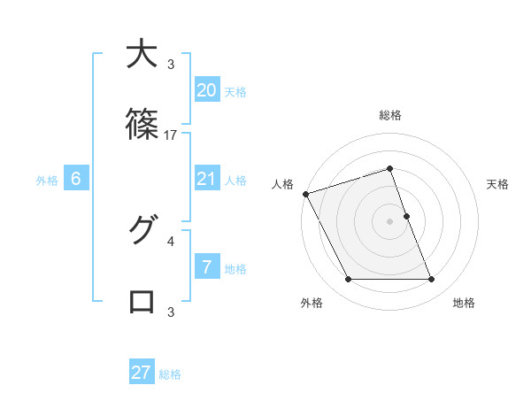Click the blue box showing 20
207,90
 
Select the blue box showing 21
207,179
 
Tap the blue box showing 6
76,179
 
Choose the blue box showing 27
142,373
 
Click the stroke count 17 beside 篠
171,135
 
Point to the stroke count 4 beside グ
171,240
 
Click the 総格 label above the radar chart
390,115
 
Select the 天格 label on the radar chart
498,184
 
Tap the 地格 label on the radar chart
464,303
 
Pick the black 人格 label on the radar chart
282,184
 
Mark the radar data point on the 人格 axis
306,194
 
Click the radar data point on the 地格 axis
431,280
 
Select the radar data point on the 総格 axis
390,168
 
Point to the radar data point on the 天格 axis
406,216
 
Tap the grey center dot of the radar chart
390,221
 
